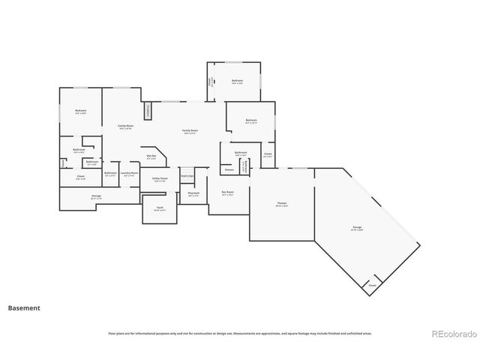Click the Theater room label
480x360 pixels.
click(282, 203)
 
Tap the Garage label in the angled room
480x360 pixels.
click(358, 227)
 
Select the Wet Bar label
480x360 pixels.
click(151, 157)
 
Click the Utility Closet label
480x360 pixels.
click(160, 178)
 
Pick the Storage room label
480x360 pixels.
click(96, 196)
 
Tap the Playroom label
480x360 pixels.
click(193, 193)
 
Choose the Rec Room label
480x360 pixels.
click(227, 192)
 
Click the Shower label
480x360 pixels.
click(229, 169)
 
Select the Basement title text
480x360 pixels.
click(24, 307)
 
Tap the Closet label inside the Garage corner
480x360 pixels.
click(371, 286)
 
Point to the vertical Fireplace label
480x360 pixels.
click(148, 110)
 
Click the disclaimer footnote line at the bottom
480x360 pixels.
click(239, 333)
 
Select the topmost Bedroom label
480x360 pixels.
click(237, 80)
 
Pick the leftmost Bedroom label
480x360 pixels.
click(80, 111)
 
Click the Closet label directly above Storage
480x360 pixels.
click(80, 177)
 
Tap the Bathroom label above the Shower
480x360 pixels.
click(241, 152)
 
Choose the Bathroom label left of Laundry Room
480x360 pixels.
click(110, 173)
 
